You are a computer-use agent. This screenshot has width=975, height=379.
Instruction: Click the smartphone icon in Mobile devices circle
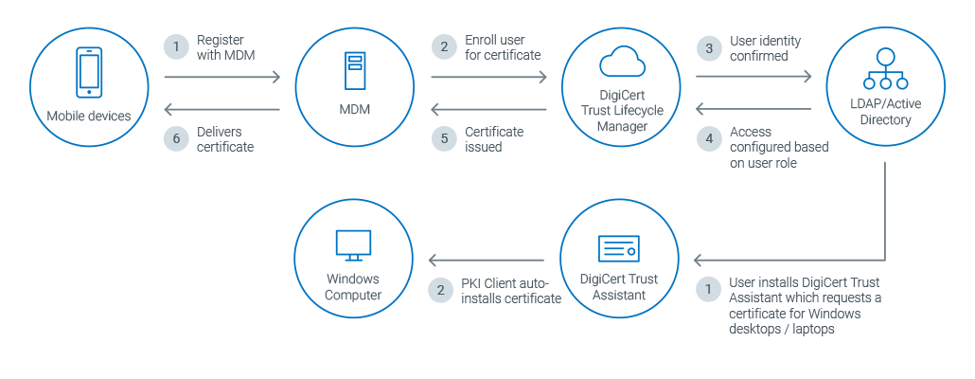coord(89,75)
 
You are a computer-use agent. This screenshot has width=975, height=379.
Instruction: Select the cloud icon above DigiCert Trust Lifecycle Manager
coord(622,62)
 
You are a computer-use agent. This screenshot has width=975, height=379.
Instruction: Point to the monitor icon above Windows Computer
coord(353,245)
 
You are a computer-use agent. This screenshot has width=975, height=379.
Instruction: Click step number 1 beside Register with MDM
coord(175,45)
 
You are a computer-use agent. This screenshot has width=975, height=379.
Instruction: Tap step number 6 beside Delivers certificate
coord(175,138)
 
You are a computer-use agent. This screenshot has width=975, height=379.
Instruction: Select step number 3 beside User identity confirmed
coord(707,46)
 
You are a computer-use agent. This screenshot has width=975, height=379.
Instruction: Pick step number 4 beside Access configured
coord(707,138)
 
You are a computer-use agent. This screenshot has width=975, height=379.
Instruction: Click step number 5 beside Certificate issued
coord(442,138)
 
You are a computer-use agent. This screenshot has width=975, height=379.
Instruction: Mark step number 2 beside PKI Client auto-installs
coord(440,289)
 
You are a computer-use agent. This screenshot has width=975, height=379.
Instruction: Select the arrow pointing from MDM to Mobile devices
coord(222,110)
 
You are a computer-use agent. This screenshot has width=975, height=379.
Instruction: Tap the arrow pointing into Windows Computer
coord(487,260)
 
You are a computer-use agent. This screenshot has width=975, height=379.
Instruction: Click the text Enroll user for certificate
coord(503,47)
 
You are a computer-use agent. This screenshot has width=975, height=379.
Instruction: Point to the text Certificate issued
coord(494,139)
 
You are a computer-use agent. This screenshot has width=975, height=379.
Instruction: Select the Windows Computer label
coord(353,287)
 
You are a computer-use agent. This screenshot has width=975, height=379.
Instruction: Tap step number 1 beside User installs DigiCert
coord(707,289)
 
